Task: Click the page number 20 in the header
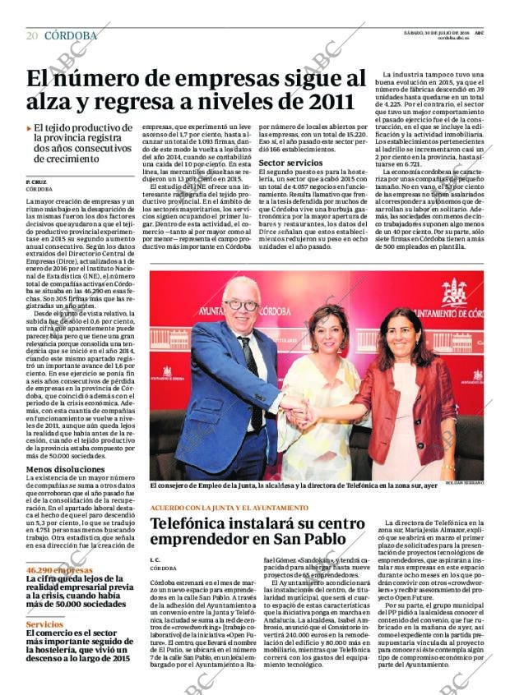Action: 32,35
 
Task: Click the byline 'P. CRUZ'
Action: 36,181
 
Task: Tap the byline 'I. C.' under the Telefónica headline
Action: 156,559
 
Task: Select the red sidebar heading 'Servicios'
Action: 44,625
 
